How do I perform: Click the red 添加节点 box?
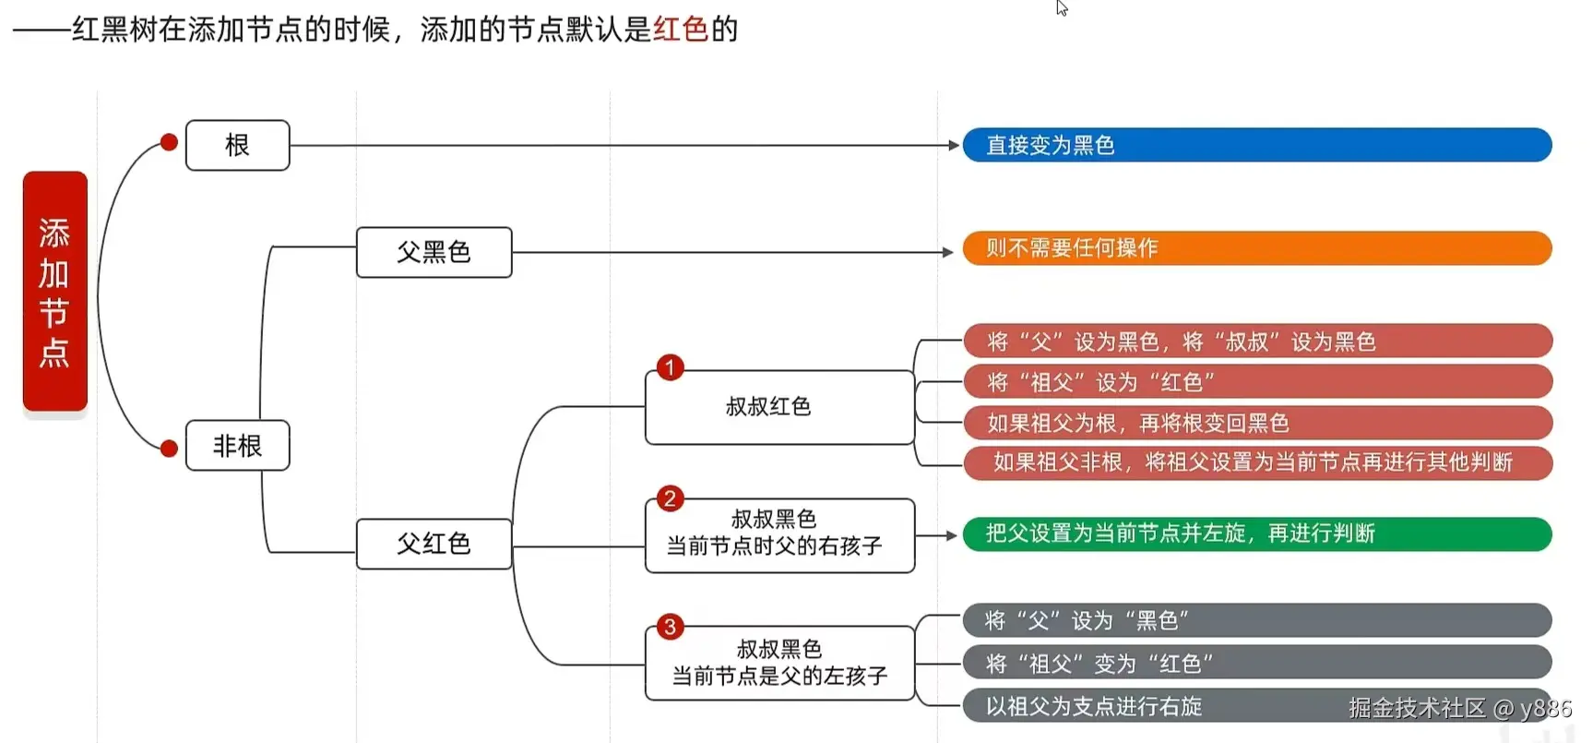(54, 291)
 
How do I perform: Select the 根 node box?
(237, 145)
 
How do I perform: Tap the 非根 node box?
(237, 446)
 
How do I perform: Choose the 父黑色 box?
(434, 252)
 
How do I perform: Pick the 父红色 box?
(434, 544)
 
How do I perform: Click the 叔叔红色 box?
(779, 407)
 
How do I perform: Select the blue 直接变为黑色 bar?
(1256, 145)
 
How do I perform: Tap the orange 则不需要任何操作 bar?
(1256, 248)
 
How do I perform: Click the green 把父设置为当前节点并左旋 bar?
(1256, 533)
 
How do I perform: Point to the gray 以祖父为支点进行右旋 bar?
(1153, 706)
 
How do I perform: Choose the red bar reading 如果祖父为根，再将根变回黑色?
(1256, 423)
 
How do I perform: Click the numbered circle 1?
(670, 367)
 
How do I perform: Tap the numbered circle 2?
(670, 499)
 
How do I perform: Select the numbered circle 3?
(670, 628)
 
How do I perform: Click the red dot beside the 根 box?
(169, 142)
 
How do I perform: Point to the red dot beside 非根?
(169, 449)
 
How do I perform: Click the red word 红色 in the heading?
(681, 30)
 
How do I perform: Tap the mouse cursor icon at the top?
(1062, 8)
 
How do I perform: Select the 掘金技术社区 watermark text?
(1417, 708)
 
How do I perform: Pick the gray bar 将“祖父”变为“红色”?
(1256, 663)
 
